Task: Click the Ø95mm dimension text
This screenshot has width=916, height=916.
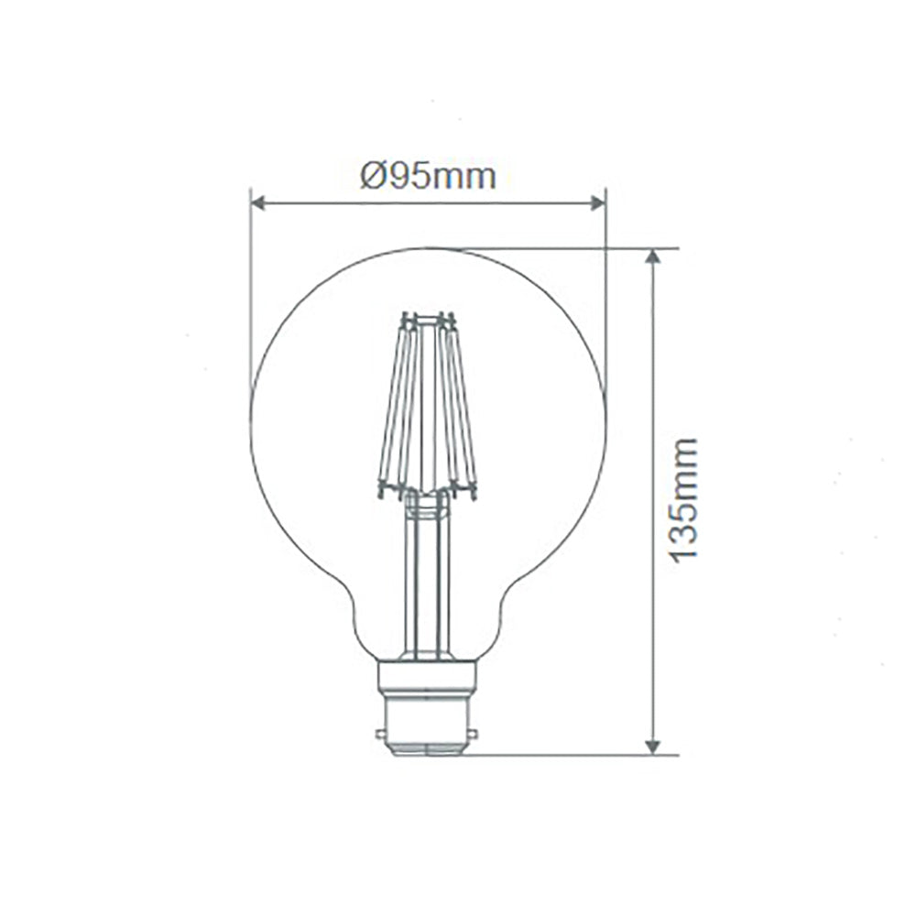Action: pyautogui.click(x=428, y=176)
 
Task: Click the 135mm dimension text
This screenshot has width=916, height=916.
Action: pyautogui.click(x=682, y=500)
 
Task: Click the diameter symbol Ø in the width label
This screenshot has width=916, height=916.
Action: pyautogui.click(x=371, y=176)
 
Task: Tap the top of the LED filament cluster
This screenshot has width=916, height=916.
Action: pyautogui.click(x=428, y=319)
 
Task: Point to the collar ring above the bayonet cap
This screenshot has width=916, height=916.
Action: pyautogui.click(x=429, y=676)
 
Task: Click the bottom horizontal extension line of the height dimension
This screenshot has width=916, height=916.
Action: pyautogui.click(x=568, y=756)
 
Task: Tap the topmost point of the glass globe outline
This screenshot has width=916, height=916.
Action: pyautogui.click(x=428, y=248)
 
